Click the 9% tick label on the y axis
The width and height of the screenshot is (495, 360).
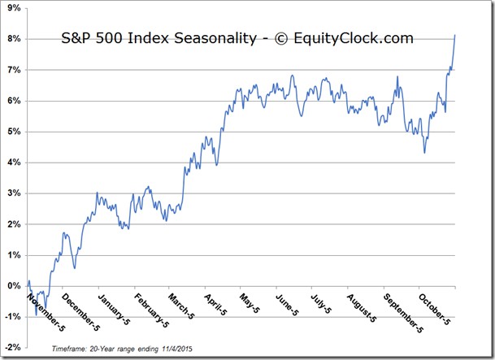click(14, 8)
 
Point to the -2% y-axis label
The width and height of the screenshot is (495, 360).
click(13, 347)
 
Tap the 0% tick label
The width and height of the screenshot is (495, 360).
click(14, 286)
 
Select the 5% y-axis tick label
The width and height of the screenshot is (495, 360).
click(14, 132)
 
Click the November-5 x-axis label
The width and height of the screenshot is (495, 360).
click(46, 312)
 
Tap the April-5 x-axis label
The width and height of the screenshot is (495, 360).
click(215, 305)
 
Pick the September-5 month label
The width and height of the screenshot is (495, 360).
click(403, 313)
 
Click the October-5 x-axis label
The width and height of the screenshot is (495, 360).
click(434, 309)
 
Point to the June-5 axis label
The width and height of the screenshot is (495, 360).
click(287, 305)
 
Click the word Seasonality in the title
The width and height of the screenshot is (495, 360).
click(215, 38)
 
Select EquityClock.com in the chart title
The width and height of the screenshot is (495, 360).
click(354, 38)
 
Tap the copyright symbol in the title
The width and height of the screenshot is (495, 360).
click(281, 39)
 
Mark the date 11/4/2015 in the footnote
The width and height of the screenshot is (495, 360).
click(177, 349)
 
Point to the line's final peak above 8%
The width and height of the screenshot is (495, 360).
click(454, 35)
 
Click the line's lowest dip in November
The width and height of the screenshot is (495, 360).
click(36, 314)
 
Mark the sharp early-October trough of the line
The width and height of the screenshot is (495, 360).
click(424, 153)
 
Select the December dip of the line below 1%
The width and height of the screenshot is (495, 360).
click(75, 268)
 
